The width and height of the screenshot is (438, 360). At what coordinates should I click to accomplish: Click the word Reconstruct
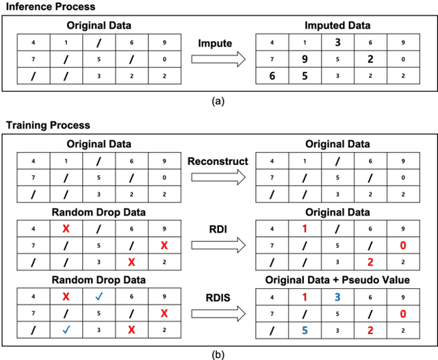[217, 161]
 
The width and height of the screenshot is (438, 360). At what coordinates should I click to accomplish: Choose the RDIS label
[217, 298]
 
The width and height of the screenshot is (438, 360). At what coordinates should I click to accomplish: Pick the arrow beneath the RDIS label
[217, 314]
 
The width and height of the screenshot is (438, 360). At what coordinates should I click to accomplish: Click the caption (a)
[218, 101]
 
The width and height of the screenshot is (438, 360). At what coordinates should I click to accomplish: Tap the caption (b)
[218, 354]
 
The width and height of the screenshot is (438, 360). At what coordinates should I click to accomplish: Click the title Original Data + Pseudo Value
[337, 281]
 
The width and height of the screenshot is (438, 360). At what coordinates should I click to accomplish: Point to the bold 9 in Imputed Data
[305, 59]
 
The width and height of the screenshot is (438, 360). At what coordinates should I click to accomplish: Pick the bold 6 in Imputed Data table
[272, 75]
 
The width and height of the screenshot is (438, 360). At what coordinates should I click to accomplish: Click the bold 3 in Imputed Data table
[337, 42]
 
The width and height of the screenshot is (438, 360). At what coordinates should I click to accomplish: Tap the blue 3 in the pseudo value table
[337, 296]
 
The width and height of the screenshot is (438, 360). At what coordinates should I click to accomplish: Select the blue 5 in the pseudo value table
[305, 329]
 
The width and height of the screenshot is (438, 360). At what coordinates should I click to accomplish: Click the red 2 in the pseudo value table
[370, 329]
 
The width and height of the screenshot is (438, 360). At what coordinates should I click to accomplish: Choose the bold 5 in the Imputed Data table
[305, 75]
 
